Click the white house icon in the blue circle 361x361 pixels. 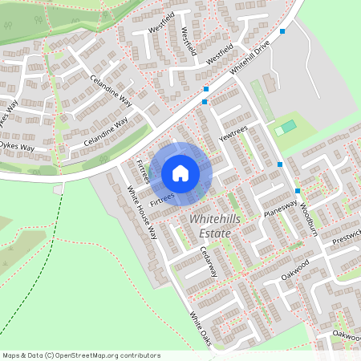[180, 172]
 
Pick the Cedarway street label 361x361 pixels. [209, 260]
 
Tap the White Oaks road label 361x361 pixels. [200, 329]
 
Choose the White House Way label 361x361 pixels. [142, 213]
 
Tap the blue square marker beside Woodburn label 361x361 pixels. [297, 191]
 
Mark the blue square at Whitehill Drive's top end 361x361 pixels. [282, 32]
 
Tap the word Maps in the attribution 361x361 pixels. [10, 355]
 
